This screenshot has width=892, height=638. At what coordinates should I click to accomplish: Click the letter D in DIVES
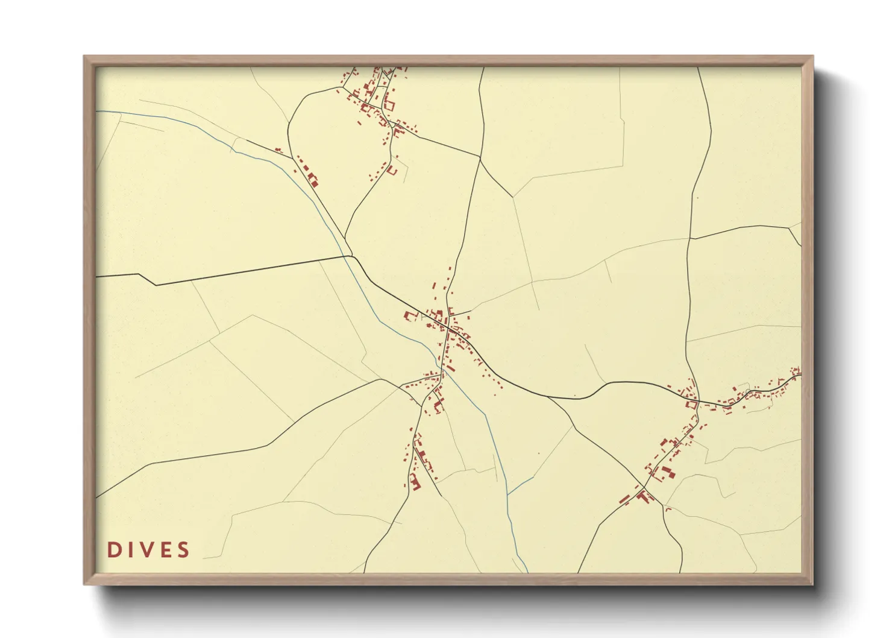click(113, 549)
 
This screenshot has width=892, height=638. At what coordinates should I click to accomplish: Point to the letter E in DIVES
click(165, 549)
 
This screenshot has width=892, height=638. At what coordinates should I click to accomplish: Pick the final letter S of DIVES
click(183, 549)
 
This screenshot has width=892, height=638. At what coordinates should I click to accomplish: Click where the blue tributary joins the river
click(508, 494)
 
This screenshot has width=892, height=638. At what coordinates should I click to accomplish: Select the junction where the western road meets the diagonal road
click(351, 256)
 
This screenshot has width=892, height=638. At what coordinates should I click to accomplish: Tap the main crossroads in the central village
click(448, 327)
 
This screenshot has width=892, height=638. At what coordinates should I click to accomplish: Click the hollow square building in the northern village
click(389, 105)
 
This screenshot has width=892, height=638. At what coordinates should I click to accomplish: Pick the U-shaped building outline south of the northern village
click(392, 171)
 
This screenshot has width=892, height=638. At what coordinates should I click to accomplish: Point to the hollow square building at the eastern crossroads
click(691, 405)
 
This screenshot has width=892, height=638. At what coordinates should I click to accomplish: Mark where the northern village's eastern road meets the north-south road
click(480, 157)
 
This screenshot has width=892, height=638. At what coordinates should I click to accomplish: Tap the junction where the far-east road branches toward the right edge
click(790, 227)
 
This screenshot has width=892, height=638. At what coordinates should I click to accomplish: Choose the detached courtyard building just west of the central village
click(411, 315)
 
